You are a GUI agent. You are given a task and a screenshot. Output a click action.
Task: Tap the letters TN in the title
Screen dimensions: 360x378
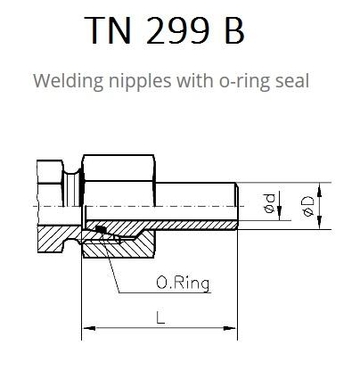[x=108, y=30]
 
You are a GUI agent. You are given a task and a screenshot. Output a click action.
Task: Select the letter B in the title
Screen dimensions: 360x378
[x=235, y=30]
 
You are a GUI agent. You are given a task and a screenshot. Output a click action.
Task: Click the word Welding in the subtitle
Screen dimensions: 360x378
[x=68, y=81]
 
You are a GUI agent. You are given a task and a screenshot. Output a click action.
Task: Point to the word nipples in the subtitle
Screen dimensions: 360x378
[x=140, y=82]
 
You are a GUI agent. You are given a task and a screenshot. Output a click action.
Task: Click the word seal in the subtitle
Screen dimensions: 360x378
[x=293, y=81]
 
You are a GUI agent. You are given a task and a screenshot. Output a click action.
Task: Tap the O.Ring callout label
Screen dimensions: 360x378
[x=183, y=283]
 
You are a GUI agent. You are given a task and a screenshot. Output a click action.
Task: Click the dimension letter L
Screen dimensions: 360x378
[x=160, y=317]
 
